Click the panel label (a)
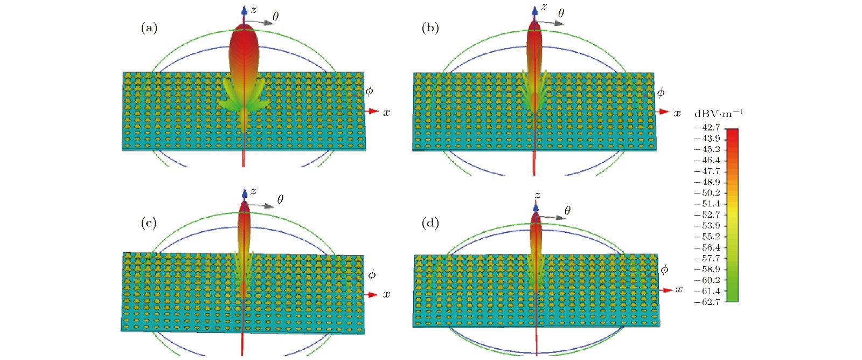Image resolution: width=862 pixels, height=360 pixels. click(x=149, y=28)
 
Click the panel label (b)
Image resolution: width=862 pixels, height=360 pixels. click(x=430, y=28)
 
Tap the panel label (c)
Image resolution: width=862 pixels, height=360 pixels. click(x=149, y=223)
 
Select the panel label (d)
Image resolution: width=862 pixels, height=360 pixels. click(x=430, y=223)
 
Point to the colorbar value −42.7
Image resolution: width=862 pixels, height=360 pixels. click(x=707, y=128)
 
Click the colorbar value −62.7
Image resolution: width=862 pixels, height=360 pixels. click(x=707, y=302)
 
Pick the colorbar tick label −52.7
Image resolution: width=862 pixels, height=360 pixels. click(x=707, y=214)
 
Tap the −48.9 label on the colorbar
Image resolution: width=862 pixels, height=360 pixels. click(x=707, y=182)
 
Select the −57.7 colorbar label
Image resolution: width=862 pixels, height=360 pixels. click(x=707, y=258)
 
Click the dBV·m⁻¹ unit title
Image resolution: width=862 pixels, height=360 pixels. click(x=718, y=113)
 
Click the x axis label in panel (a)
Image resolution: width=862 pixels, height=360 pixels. click(x=386, y=113)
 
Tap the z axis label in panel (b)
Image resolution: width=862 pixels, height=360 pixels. click(x=544, y=7)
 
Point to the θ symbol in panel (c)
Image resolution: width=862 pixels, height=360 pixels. click(x=280, y=200)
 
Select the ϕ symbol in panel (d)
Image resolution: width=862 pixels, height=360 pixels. click(x=664, y=269)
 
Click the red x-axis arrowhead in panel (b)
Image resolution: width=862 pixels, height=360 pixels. click(x=663, y=112)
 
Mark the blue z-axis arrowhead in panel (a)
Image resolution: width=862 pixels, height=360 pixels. click(x=244, y=10)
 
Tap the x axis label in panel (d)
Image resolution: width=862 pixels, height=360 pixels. click(x=679, y=289)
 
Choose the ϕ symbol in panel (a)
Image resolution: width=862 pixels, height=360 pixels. click(x=369, y=91)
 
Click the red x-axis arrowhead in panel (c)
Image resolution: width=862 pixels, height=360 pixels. click(x=373, y=295)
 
